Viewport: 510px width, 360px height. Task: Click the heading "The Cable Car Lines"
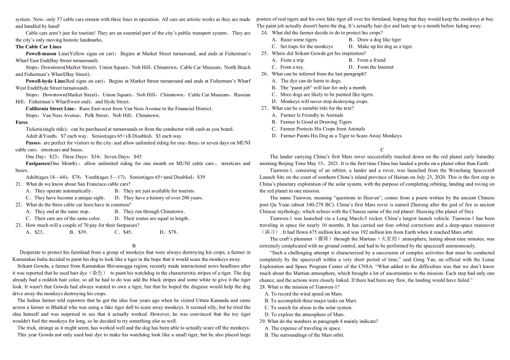coord(38,47)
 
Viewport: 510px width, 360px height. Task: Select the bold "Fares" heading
coord(22,122)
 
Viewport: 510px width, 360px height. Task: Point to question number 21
coord(19,184)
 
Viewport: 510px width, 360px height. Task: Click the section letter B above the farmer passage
coord(133,245)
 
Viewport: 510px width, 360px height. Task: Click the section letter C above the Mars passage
coord(382,150)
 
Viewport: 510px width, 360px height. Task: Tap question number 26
coord(264,74)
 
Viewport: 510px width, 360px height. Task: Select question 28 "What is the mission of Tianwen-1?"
coord(304,287)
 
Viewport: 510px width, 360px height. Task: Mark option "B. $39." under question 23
coord(79,232)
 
